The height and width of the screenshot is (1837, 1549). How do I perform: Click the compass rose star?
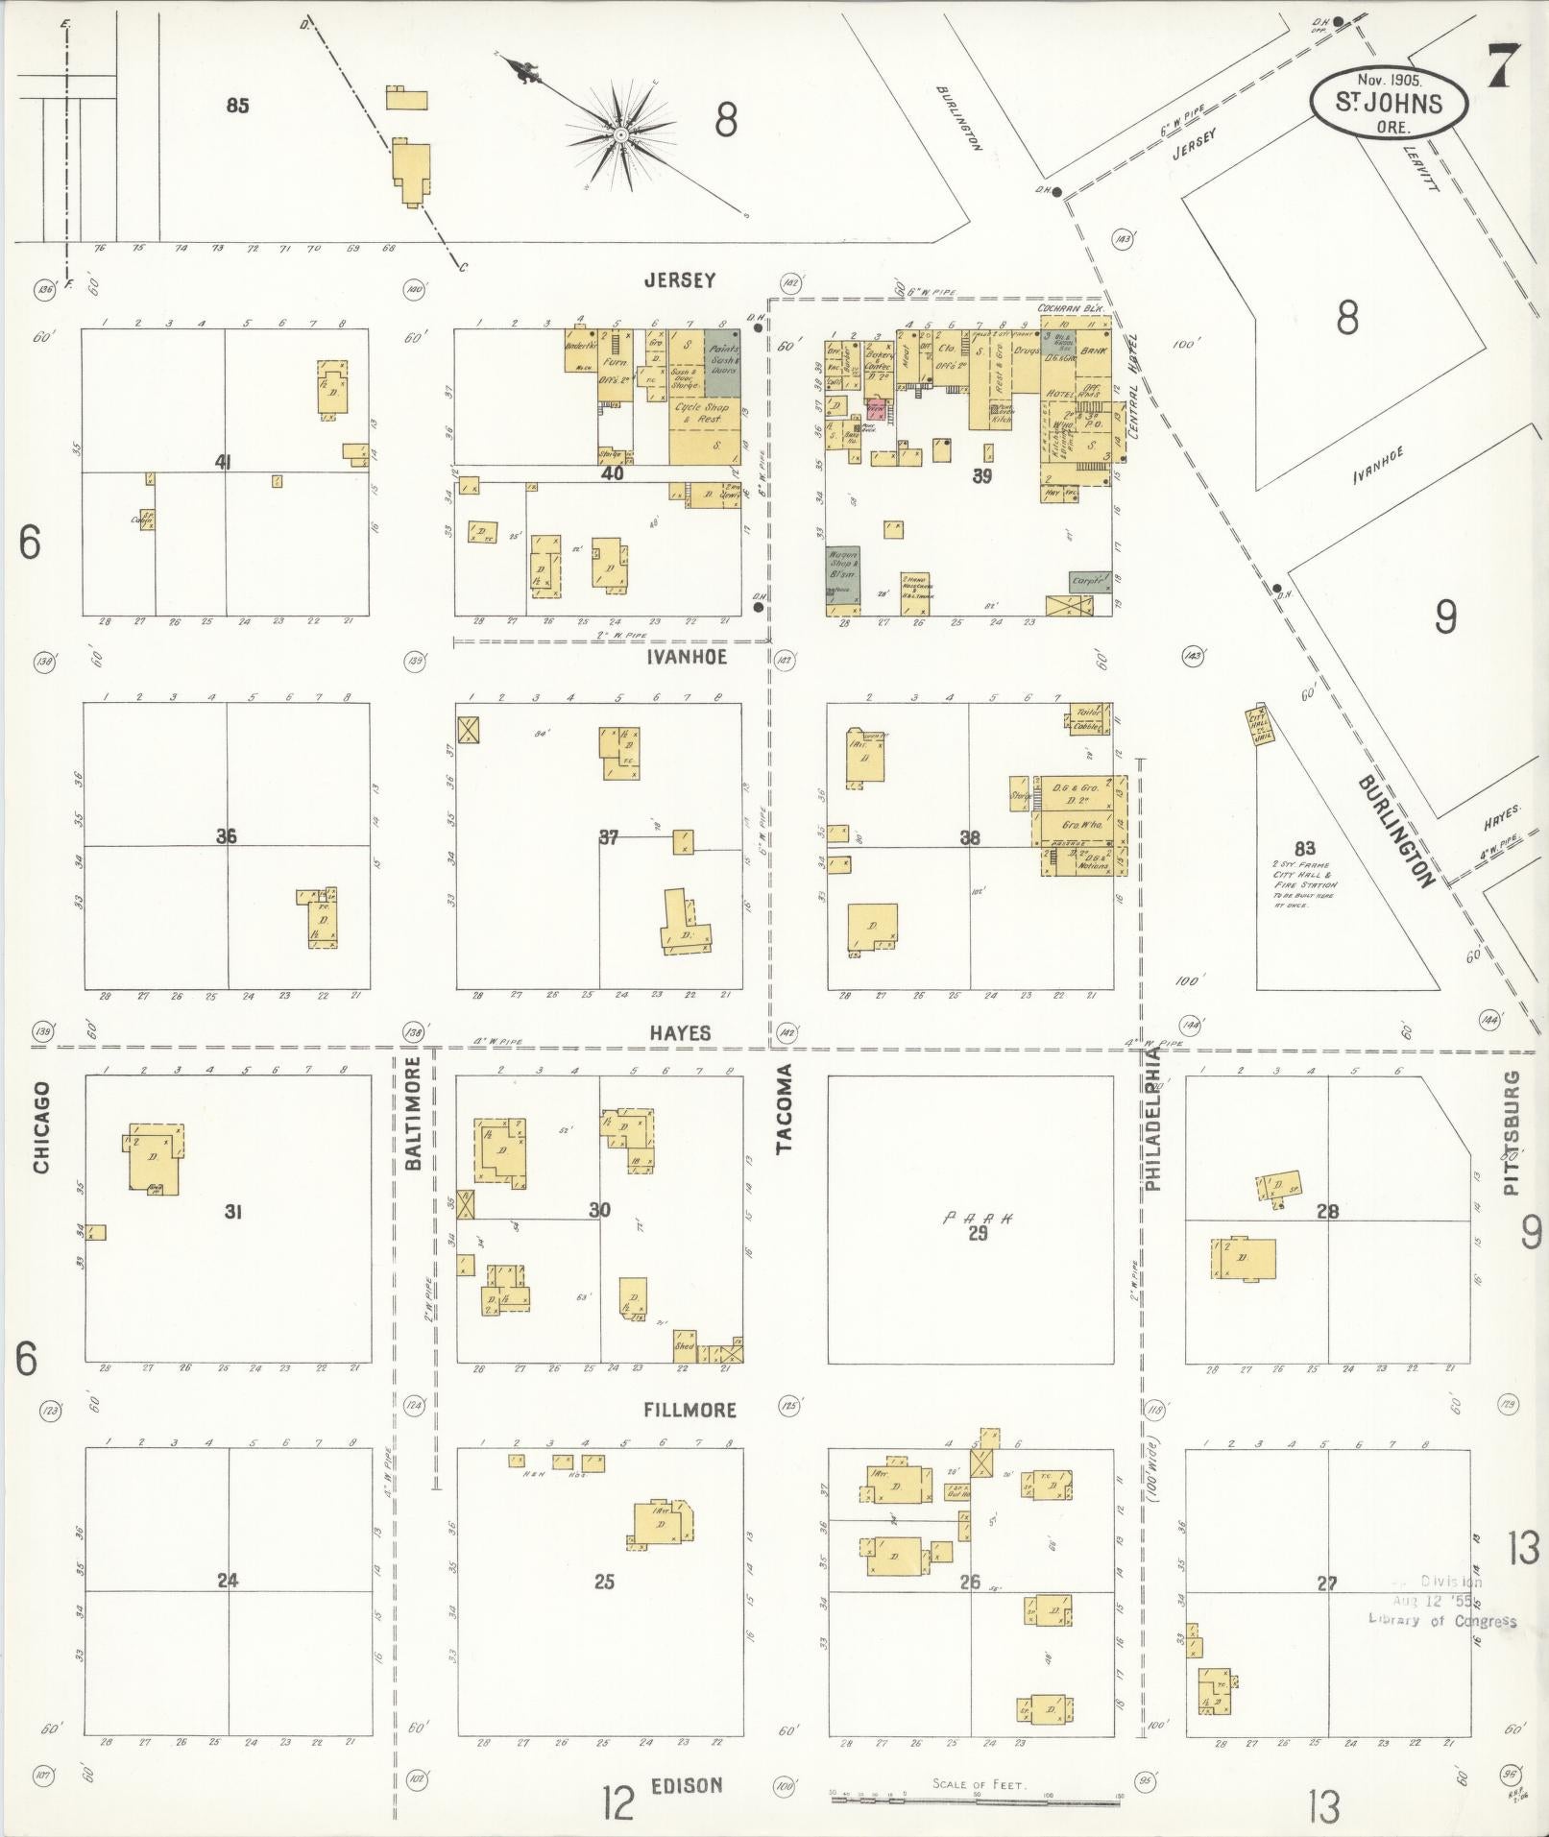[620, 135]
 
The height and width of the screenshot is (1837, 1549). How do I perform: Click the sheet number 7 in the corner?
[1504, 66]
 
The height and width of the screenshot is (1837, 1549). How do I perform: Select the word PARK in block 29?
[977, 1219]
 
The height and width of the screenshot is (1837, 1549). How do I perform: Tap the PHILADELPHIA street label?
[1152, 1119]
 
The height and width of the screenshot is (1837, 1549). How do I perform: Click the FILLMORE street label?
[690, 1410]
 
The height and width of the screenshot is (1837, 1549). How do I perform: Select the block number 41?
[224, 462]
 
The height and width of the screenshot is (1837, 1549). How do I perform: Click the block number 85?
[237, 106]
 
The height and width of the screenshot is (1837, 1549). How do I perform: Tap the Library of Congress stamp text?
[1442, 1621]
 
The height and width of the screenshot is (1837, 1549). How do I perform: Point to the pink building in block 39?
[875, 408]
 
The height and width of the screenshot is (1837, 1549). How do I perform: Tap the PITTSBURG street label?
[1513, 1132]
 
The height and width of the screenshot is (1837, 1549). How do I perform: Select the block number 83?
[1303, 849]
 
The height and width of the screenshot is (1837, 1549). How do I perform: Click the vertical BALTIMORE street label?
[414, 1112]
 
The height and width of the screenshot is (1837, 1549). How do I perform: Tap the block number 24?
[227, 1580]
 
